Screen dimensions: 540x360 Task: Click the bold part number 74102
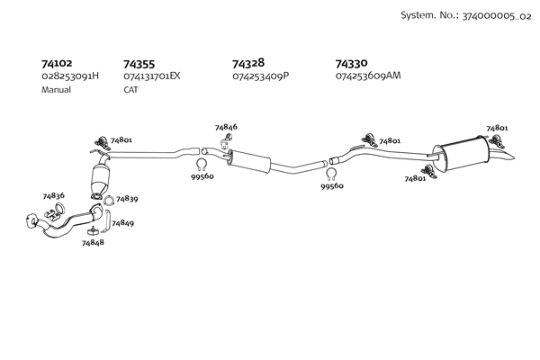pyautogui.click(x=57, y=63)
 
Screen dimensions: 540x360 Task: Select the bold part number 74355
pyautogui.click(x=139, y=64)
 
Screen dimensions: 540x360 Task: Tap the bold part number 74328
pyautogui.click(x=248, y=63)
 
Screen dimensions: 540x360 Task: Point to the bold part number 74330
pyautogui.click(x=351, y=63)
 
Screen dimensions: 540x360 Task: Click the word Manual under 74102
pyautogui.click(x=56, y=90)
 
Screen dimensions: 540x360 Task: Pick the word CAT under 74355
pyautogui.click(x=130, y=90)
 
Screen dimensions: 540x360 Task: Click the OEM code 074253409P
pyautogui.click(x=261, y=76)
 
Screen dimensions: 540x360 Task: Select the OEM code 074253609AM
pyautogui.click(x=368, y=76)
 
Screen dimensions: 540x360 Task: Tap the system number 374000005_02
pyautogui.click(x=497, y=16)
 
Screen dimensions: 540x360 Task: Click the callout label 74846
pyautogui.click(x=226, y=127)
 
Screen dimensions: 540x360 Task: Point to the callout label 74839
pyautogui.click(x=127, y=199)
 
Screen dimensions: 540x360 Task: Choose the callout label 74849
pyautogui.click(x=122, y=223)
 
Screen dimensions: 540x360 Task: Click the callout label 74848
pyautogui.click(x=93, y=242)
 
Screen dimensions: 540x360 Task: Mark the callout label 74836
pyautogui.click(x=53, y=195)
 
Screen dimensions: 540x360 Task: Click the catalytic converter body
pyautogui.click(x=101, y=178)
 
